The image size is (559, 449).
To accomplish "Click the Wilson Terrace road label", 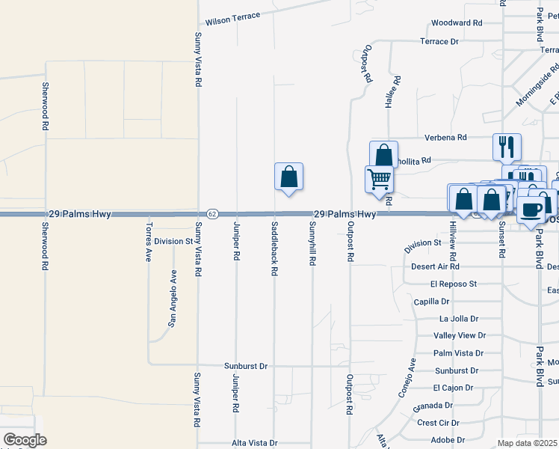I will pyautogui.click(x=232, y=16).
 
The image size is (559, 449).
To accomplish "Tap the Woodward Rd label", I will pyautogui.click(x=457, y=23).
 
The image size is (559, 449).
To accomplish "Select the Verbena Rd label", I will pyautogui.click(x=445, y=138).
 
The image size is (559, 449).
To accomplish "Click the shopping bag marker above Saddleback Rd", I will pyautogui.click(x=288, y=177).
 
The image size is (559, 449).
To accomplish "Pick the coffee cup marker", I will pyautogui.click(x=532, y=210).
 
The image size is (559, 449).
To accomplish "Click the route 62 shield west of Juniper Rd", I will pyautogui.click(x=212, y=214).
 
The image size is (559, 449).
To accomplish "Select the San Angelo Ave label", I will pyautogui.click(x=173, y=298).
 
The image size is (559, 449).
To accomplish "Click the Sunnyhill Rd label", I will pyautogui.click(x=312, y=246).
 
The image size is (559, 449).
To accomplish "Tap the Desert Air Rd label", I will pyautogui.click(x=435, y=266).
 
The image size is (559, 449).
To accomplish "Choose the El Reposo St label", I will pyautogui.click(x=453, y=284).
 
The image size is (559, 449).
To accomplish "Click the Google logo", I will pyautogui.click(x=25, y=440).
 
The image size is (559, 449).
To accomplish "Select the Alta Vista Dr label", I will pyautogui.click(x=254, y=443).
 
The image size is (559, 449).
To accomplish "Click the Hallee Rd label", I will pyautogui.click(x=389, y=92).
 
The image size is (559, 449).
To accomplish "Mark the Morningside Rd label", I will pyautogui.click(x=536, y=91).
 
